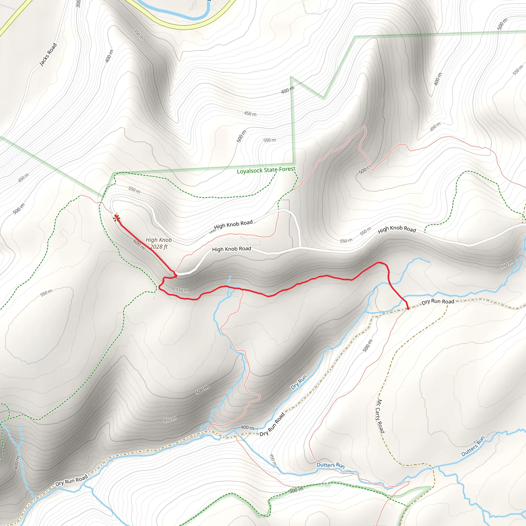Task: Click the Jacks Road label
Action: coord(48,54)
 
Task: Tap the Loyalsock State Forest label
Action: coord(266,170)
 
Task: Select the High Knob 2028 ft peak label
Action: coord(159,243)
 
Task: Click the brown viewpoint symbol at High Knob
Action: coord(117,218)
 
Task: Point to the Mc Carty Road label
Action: coord(380,416)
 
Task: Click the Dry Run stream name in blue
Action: coord(299,382)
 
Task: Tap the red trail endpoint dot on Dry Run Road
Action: coord(408,308)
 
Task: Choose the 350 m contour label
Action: coord(139,34)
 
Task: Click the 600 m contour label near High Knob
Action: coord(139,244)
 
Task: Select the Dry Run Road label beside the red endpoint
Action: coord(438,302)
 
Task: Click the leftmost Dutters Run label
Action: coord(331,465)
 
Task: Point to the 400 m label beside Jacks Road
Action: coord(109,56)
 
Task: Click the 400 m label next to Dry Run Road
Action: coord(247,427)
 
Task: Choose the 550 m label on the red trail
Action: coord(182,290)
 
